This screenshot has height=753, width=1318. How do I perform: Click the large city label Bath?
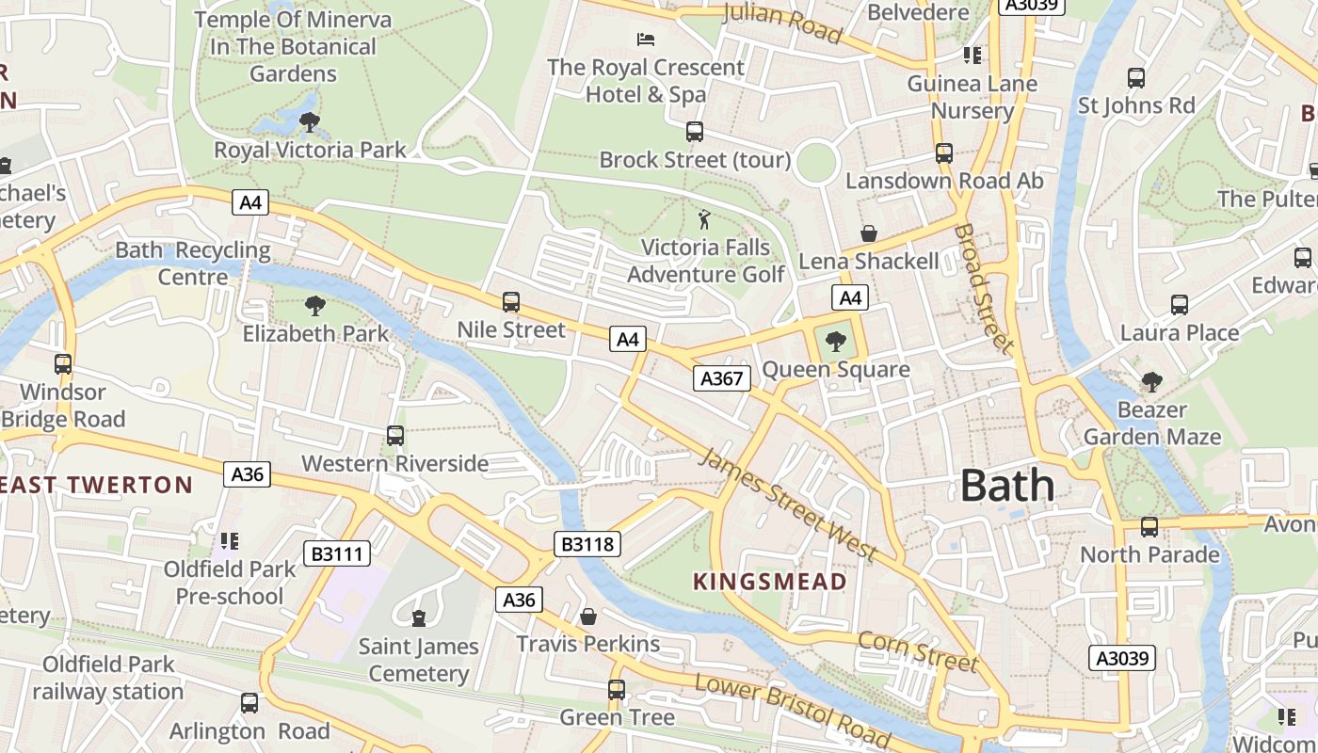[1007, 486]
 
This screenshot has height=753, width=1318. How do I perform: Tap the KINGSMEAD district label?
[770, 582]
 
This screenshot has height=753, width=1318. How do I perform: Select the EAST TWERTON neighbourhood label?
[96, 486]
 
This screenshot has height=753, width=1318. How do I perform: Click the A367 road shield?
[722, 378]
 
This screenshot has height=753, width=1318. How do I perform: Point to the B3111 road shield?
[336, 553]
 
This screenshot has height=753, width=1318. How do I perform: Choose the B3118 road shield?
[587, 543]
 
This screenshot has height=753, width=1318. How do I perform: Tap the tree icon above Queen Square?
[835, 342]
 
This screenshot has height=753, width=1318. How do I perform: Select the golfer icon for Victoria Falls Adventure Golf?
[704, 220]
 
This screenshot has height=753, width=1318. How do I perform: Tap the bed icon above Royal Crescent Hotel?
[646, 40]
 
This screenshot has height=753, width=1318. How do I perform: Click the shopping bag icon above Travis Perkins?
[588, 617]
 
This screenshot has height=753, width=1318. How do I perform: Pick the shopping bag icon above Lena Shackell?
[868, 233]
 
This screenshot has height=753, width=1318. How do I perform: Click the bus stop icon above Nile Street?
[511, 302]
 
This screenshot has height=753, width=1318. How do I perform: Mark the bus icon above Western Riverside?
[395, 436]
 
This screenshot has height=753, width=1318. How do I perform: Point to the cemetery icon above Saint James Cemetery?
[419, 618]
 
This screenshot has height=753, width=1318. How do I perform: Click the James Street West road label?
[788, 505]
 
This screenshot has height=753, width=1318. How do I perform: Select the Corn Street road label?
[917, 651]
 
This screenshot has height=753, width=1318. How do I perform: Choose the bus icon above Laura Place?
[1179, 305]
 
